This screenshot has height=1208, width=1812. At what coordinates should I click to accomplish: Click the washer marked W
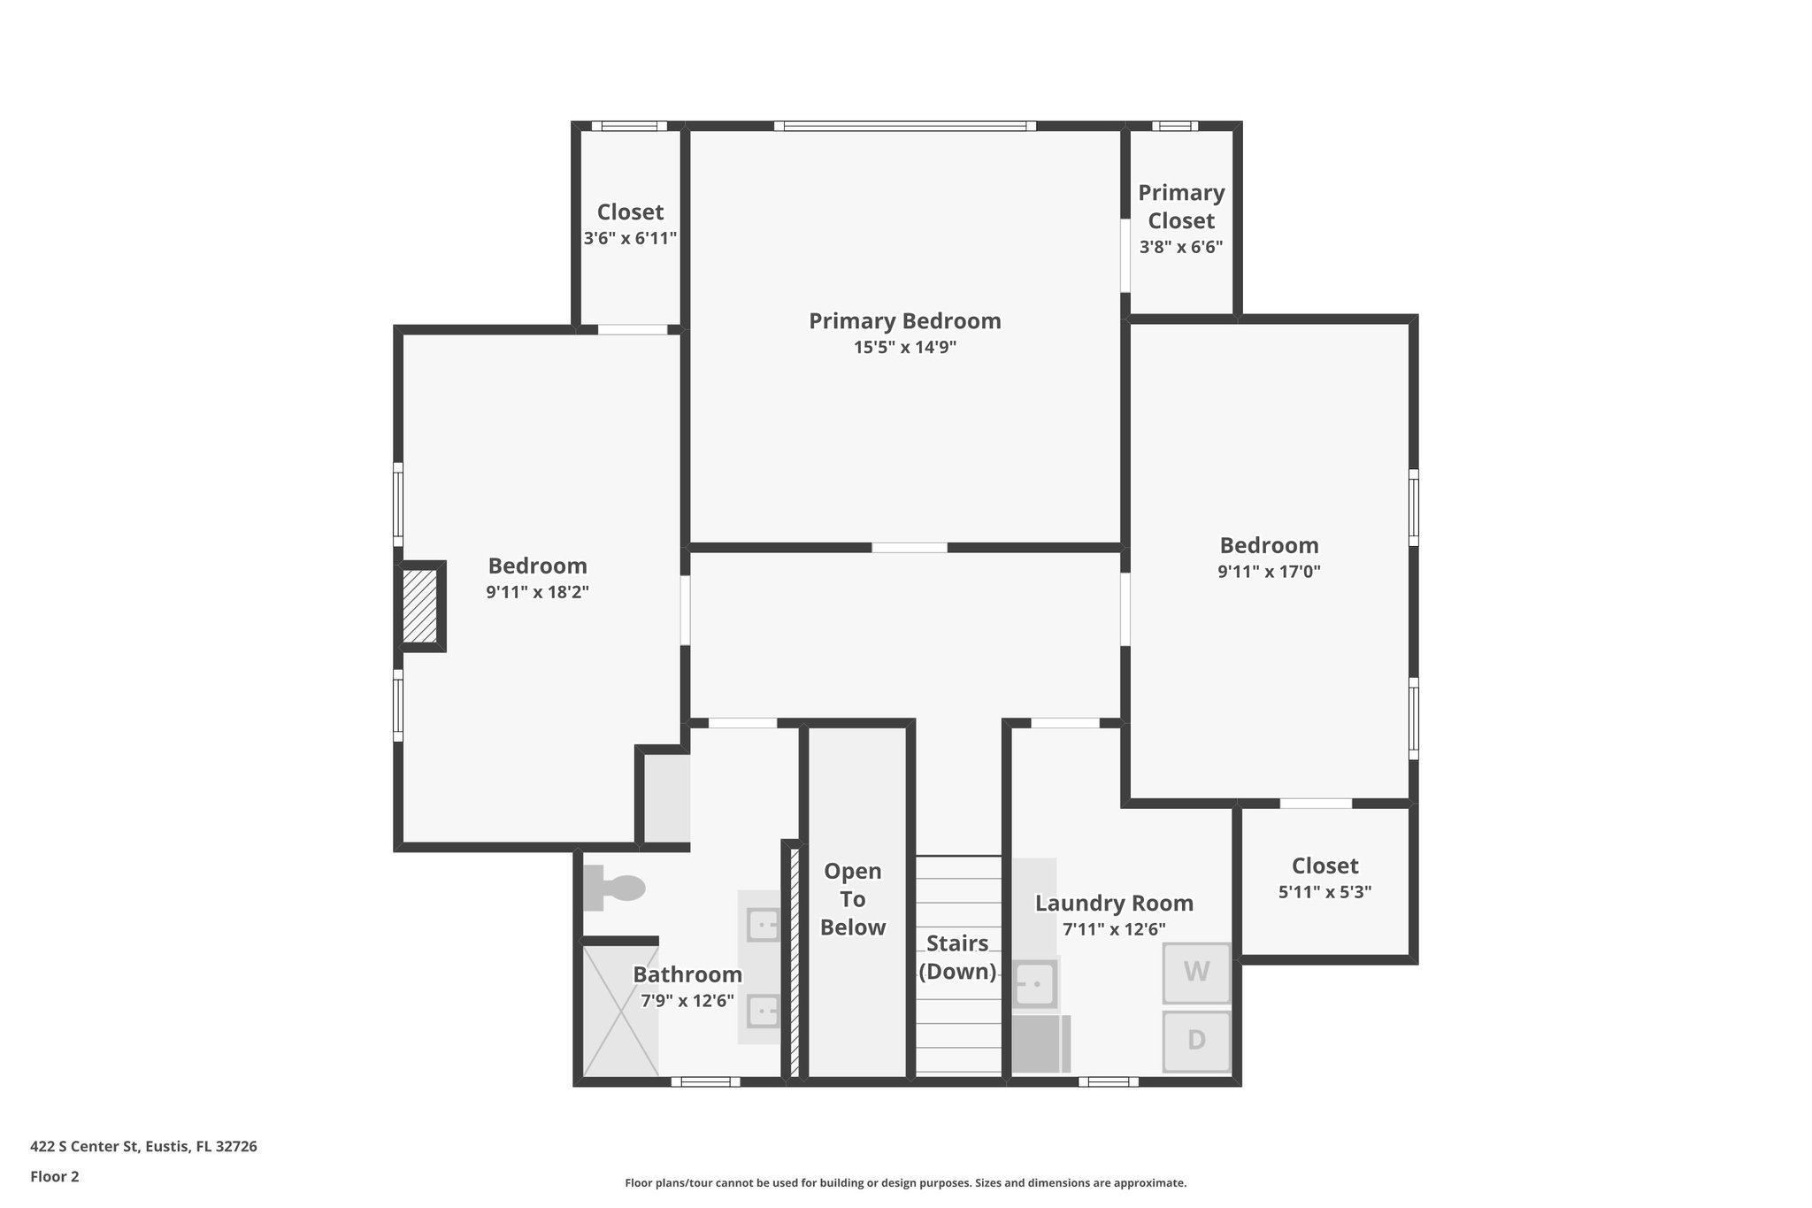(1196, 972)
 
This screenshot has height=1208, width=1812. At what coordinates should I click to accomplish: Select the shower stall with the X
(620, 1011)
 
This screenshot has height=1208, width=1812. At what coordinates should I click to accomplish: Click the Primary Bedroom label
(904, 321)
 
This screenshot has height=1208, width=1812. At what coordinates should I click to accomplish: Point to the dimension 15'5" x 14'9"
(904, 348)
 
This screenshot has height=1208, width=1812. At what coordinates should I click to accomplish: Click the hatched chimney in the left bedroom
(420, 606)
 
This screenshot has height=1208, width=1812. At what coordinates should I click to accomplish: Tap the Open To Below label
(852, 899)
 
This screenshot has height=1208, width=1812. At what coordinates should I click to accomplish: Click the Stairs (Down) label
(957, 958)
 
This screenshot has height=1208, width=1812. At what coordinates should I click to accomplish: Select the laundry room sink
(1034, 983)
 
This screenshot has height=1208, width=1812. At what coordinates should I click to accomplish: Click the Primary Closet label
(1181, 206)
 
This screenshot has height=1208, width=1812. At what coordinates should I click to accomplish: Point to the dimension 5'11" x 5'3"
(1324, 892)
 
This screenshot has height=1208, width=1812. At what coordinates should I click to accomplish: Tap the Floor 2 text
(55, 1177)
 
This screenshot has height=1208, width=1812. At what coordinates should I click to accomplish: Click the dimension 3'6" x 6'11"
(630, 238)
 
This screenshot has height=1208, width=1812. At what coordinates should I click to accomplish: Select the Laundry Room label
(1114, 904)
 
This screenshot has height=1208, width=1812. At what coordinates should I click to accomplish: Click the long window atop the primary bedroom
(905, 126)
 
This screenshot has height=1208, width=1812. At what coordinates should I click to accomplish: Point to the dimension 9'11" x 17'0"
(1269, 572)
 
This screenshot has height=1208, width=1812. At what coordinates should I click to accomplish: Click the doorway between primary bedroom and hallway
(910, 548)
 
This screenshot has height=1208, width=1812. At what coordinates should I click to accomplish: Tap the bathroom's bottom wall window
(705, 1081)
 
